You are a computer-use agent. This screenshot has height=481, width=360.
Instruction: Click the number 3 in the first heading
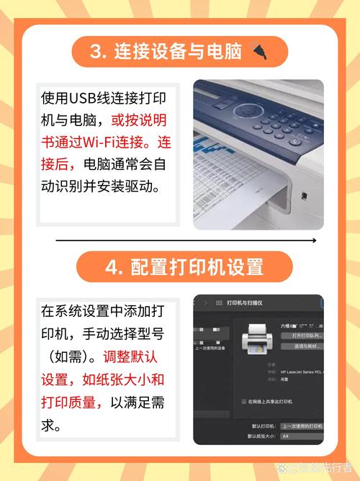tap(96, 52)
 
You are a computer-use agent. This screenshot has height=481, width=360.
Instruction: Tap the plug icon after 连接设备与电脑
tap(259, 51)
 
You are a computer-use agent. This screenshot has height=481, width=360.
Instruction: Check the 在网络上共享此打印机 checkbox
tap(243, 401)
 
